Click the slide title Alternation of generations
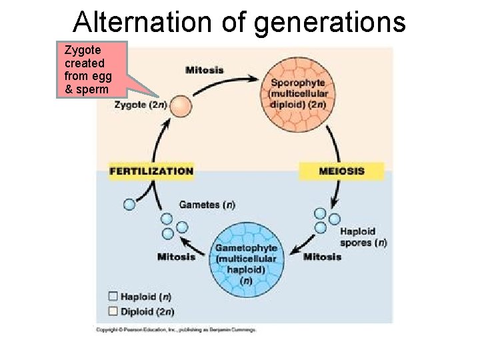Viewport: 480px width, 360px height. (x=239, y=21)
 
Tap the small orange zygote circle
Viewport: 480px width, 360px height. (x=180, y=106)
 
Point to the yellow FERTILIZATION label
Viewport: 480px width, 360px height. (x=151, y=171)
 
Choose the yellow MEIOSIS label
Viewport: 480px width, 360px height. (x=341, y=171)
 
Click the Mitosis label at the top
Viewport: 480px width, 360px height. (x=204, y=70)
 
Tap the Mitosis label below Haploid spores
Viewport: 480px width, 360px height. (x=322, y=257)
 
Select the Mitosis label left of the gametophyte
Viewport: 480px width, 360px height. (x=176, y=257)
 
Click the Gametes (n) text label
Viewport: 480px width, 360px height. (x=207, y=205)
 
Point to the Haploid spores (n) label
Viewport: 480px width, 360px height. (x=363, y=237)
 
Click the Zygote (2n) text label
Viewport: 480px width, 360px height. (x=141, y=105)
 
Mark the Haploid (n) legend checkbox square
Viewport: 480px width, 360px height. (x=113, y=297)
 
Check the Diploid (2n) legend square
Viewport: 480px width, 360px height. (x=113, y=311)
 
